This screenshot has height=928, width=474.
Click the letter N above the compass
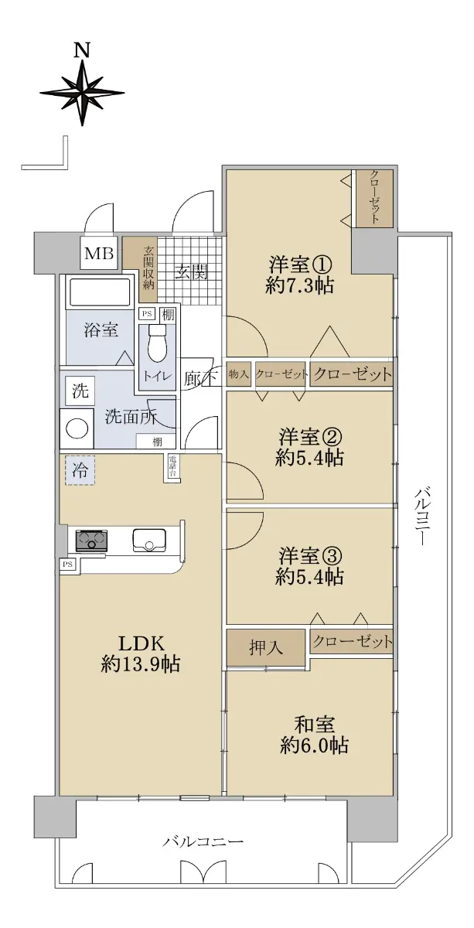82,50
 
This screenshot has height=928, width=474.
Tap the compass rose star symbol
82,92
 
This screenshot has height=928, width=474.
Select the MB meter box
100,253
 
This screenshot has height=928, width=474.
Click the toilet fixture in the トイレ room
157,342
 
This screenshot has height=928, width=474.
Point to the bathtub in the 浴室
101,292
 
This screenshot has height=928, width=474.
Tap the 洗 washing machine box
80,391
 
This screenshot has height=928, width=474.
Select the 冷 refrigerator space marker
80,470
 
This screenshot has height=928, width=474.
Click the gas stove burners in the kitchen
91,541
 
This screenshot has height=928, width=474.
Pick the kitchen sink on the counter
149,541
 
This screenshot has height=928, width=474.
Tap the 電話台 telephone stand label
172,467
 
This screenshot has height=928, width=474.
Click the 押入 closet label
265,647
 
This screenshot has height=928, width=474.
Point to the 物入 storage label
239,374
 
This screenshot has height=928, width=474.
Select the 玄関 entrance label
190,272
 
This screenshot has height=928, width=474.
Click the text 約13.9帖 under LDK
141,664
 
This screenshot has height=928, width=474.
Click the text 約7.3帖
300,286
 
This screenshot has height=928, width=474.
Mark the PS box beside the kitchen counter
67,565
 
